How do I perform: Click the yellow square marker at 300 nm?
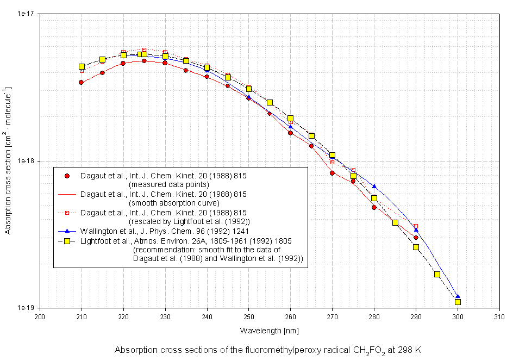click(x=458, y=302)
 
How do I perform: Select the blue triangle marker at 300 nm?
click(x=458, y=297)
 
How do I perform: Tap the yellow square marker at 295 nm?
click(x=437, y=274)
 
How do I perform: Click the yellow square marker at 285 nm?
click(x=395, y=223)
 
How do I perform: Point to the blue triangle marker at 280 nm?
click(x=374, y=186)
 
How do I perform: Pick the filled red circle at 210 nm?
click(x=81, y=83)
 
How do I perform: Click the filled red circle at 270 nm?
click(x=332, y=173)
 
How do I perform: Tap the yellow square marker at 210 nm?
click(x=82, y=66)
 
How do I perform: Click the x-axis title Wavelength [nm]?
click(x=269, y=331)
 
